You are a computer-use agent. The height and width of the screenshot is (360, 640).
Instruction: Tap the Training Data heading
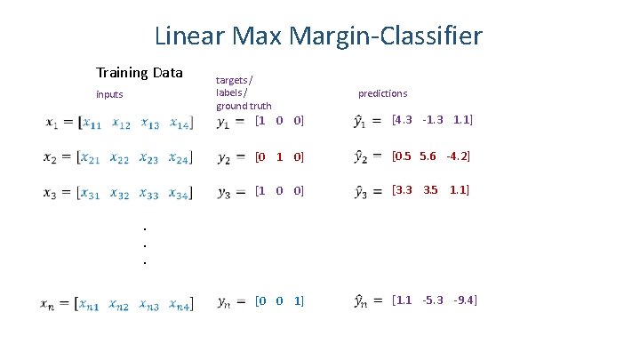click(139, 73)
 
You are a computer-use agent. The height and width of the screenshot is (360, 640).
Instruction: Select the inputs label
click(109, 94)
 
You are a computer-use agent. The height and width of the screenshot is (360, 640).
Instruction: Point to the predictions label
click(382, 93)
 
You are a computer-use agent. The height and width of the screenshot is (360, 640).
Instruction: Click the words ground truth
click(244, 106)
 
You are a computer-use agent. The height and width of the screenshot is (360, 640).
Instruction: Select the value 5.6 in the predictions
click(428, 156)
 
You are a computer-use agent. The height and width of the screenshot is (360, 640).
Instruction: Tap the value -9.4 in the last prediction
click(464, 300)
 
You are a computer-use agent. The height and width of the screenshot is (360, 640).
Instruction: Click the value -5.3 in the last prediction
click(433, 300)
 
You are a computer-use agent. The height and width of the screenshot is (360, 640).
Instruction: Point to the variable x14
click(180, 123)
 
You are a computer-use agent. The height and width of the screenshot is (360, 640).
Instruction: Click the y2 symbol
click(223, 158)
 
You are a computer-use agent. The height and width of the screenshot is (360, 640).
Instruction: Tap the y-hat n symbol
click(362, 302)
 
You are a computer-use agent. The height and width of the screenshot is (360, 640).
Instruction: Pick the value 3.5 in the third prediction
click(431, 190)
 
